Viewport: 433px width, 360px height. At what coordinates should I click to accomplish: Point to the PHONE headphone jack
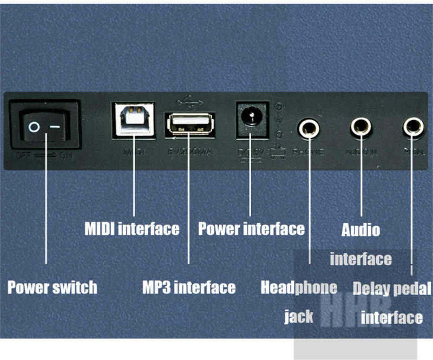310,129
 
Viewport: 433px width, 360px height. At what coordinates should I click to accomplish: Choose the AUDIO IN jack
360,127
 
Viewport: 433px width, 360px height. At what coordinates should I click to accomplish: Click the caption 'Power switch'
52,287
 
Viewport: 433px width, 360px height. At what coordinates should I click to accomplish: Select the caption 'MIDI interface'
132,228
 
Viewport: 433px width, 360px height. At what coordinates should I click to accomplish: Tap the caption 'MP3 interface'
188,287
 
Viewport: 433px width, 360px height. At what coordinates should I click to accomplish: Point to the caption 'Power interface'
251,228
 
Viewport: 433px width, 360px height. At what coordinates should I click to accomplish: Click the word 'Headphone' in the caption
299,287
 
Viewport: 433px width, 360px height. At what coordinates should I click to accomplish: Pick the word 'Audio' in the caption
360,230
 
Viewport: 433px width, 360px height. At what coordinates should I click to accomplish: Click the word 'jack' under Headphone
299,316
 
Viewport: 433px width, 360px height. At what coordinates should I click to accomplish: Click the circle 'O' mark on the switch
34,128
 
